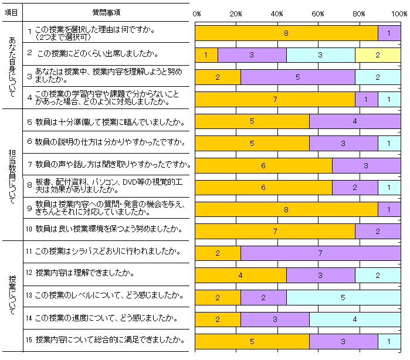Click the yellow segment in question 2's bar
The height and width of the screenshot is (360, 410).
(x=378, y=55)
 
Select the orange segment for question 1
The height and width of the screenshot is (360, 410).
(x=286, y=33)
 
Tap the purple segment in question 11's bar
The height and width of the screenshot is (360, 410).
(x=320, y=253)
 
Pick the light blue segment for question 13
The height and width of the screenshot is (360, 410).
(x=343, y=297)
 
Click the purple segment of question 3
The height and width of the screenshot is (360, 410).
(x=297, y=77)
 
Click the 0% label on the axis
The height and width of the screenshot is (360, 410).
(x=197, y=13)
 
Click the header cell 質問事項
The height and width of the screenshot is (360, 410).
(x=107, y=12)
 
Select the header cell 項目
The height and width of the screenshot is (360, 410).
(x=12, y=12)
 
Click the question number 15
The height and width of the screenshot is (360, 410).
(x=29, y=339)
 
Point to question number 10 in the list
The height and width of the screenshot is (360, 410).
(x=29, y=229)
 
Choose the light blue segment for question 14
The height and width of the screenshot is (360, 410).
(x=354, y=319)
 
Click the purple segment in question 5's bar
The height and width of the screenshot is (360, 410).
(x=354, y=121)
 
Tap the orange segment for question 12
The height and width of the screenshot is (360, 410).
(x=240, y=275)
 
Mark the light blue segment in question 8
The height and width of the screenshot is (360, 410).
(x=389, y=187)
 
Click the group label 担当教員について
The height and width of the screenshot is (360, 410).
(x=12, y=174)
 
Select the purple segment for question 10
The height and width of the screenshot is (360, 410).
(x=377, y=231)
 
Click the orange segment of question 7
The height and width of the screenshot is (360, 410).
(x=263, y=165)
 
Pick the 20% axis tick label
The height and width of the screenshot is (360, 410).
(x=236, y=13)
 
